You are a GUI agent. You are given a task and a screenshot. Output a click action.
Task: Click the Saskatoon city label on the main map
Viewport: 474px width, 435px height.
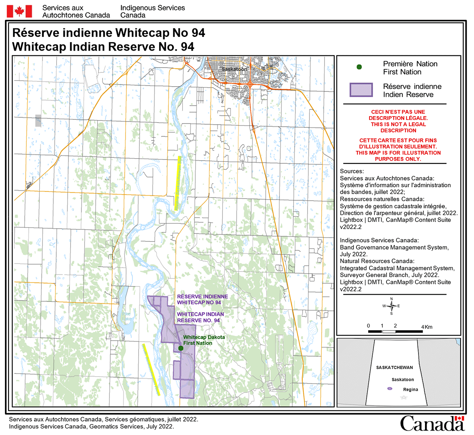234,69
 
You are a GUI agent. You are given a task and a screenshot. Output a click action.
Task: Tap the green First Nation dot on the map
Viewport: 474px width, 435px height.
181,348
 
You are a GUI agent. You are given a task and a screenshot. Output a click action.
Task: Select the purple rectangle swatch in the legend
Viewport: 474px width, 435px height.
361,90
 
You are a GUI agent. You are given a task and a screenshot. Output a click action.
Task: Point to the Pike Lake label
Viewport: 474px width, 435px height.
127,316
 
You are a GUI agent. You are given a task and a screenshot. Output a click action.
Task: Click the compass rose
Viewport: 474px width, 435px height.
391,306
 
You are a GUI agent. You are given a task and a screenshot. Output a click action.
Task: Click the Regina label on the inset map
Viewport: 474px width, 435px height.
410,390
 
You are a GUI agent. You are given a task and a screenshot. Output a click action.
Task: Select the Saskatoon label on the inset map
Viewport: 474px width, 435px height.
403,380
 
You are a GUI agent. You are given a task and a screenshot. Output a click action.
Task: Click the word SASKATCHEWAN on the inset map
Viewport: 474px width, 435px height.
394,367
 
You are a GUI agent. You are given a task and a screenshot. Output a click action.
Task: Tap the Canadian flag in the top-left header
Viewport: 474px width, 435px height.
19,12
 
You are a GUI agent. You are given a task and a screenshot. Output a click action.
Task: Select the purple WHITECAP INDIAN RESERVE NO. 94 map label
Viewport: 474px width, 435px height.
200,317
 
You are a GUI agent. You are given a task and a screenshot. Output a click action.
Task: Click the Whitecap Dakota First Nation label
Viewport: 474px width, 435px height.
204,340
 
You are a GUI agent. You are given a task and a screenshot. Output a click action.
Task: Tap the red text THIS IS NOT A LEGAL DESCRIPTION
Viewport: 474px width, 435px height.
398,127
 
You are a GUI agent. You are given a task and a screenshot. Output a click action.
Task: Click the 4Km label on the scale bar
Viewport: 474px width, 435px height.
427,327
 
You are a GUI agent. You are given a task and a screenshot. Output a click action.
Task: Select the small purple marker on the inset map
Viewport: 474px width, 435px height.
390,388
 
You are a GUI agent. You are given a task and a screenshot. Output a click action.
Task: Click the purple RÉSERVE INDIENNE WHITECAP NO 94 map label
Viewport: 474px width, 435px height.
202,299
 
